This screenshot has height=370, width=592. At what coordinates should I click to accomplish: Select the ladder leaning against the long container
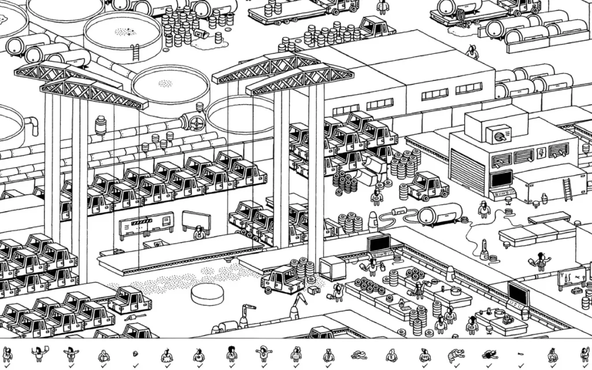pos(568,188)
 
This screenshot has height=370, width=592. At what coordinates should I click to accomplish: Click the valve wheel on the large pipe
pos(197,123)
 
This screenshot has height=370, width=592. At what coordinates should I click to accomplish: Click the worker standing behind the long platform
pos(199,232)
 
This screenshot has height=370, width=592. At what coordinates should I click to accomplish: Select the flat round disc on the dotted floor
pos(207,293)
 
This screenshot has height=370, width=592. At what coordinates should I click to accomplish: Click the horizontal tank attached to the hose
pos(439,214)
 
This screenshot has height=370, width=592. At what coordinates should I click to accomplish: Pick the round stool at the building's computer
pos(508,200)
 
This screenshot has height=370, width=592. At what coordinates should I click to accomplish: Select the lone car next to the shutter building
pos(428,186)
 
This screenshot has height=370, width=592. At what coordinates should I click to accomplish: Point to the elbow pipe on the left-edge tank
pos(32,124)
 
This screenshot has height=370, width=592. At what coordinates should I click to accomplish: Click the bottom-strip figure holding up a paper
pos(39,353)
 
